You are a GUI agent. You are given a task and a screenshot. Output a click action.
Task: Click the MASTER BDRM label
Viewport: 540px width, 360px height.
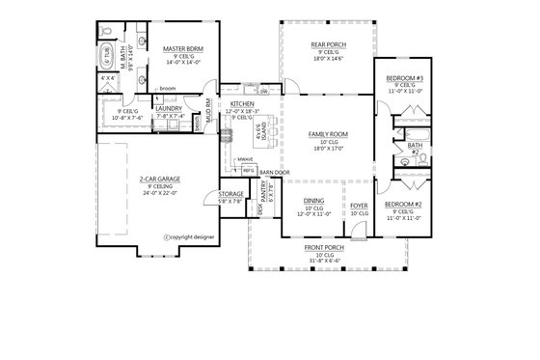180,47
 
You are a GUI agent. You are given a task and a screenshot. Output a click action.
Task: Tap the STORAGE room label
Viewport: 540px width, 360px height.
230,196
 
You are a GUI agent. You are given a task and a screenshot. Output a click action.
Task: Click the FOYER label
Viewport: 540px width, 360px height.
358,205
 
